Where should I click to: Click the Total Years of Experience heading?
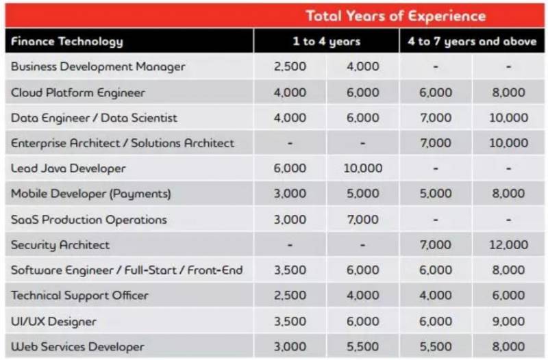pyautogui.click(x=395, y=16)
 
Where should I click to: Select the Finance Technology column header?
pyautogui.click(x=67, y=41)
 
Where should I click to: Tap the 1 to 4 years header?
pyautogui.click(x=326, y=41)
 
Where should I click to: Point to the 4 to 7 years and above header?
pyautogui.click(x=472, y=41)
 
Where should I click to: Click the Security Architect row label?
pyautogui.click(x=60, y=244)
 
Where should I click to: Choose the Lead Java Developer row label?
pyautogui.click(x=68, y=168)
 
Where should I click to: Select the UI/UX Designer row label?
pyautogui.click(x=53, y=321)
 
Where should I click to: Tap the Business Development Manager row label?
pyautogui.click(x=98, y=67)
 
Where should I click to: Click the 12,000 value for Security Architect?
pyautogui.click(x=508, y=244)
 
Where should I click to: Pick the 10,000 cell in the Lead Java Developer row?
pyautogui.click(x=362, y=168)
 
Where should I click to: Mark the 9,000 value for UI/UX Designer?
pyautogui.click(x=508, y=321)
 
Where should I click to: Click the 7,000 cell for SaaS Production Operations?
pyautogui.click(x=362, y=220)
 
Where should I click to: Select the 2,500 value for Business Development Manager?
pyautogui.click(x=290, y=67)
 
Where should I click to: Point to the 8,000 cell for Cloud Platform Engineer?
pyautogui.click(x=508, y=92)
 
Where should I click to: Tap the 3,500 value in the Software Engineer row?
pyautogui.click(x=290, y=270)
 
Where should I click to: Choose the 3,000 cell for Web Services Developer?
pyautogui.click(x=290, y=346)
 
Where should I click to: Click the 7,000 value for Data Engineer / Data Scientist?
pyautogui.click(x=436, y=118)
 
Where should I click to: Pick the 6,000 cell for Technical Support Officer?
pyautogui.click(x=508, y=296)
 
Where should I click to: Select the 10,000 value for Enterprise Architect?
pyautogui.click(x=508, y=143)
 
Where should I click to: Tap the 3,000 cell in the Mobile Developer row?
pyautogui.click(x=290, y=194)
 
